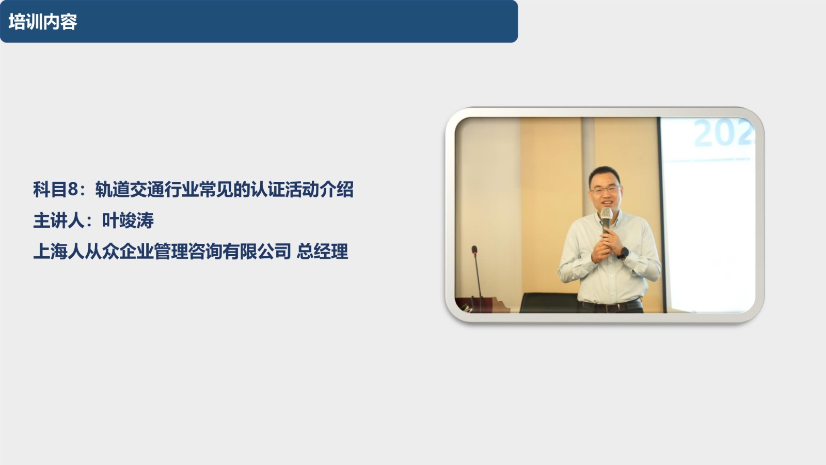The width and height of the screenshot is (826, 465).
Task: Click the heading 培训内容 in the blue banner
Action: click(43, 22)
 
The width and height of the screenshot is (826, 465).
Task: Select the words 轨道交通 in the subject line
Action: click(130, 190)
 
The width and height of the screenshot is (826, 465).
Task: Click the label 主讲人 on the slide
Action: click(59, 221)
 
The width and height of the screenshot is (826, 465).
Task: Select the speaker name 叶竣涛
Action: click(128, 221)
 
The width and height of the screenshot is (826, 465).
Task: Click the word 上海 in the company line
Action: click(50, 252)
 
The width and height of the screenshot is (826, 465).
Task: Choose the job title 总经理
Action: click(322, 252)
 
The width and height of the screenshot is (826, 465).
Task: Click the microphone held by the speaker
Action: click(606, 220)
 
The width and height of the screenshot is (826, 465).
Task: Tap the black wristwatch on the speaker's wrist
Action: click(623, 253)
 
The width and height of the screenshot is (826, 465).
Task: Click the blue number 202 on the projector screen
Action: click(723, 133)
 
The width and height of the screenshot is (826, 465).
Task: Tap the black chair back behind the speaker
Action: click(549, 303)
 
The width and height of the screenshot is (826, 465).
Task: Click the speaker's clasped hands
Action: click(605, 246)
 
